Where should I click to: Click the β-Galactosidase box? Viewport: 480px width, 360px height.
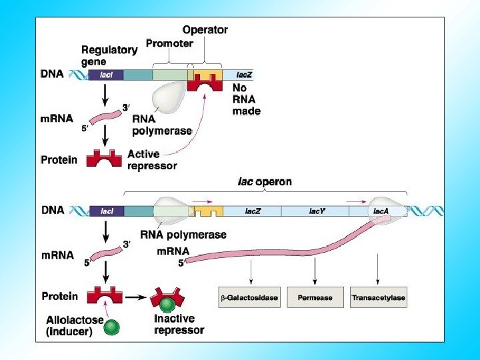coord(249,297)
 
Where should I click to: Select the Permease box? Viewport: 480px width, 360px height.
coord(314,297)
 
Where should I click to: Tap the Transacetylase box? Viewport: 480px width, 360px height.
coord(378,297)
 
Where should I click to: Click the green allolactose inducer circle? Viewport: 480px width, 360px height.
coord(112,327)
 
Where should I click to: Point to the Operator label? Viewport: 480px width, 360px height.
coord(205,29)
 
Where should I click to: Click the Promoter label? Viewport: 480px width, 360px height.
coord(169,44)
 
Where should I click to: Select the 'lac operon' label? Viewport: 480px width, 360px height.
coord(265,181)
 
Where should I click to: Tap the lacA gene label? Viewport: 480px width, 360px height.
coord(381,211)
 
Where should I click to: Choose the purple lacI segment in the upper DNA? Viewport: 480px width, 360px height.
coord(105,75)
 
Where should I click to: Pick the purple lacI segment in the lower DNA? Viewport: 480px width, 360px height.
coord(106,211)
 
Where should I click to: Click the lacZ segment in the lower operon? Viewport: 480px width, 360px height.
coord(252,211)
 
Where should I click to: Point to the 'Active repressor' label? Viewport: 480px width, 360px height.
coord(152,160)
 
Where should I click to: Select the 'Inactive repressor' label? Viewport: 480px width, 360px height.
coord(179,325)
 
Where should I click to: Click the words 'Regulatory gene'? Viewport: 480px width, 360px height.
coord(109,55)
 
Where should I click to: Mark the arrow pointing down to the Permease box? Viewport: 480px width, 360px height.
coord(314,273)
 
